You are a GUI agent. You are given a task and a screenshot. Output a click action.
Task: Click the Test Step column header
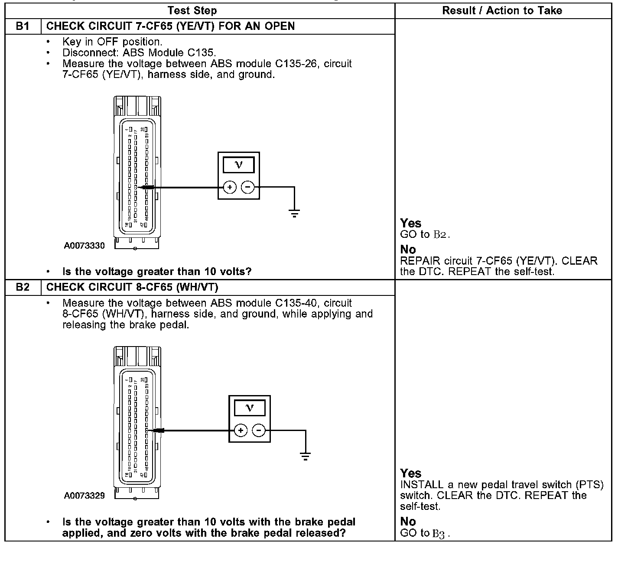(192, 10)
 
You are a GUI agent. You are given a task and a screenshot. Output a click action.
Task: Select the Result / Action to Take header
(502, 11)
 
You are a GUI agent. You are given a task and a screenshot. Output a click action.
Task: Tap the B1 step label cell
(23, 26)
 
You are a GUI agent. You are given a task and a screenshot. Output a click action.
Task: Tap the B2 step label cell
(23, 287)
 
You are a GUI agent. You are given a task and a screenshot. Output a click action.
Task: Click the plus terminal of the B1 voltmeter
(230, 187)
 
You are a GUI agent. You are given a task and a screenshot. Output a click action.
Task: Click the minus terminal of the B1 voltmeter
(247, 187)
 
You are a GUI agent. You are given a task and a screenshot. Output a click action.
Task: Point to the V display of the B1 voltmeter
(238, 165)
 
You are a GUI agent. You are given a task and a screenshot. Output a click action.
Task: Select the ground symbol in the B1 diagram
(294, 213)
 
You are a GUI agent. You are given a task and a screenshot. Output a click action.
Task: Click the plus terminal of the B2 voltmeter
(241, 431)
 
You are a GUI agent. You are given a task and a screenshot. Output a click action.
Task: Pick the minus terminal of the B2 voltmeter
(259, 431)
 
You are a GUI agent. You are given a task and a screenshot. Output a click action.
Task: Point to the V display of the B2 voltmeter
(249, 408)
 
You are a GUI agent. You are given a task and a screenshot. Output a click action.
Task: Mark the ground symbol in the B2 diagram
(306, 456)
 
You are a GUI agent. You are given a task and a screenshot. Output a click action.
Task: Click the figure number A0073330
(84, 246)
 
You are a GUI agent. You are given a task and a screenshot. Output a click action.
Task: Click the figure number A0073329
(84, 496)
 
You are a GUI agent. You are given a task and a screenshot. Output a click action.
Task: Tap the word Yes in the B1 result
(410, 223)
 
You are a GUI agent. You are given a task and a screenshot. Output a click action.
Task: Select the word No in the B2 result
(408, 522)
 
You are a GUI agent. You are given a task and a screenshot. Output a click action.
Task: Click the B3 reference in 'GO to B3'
(439, 534)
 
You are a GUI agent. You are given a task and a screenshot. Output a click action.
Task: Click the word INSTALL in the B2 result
(421, 485)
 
